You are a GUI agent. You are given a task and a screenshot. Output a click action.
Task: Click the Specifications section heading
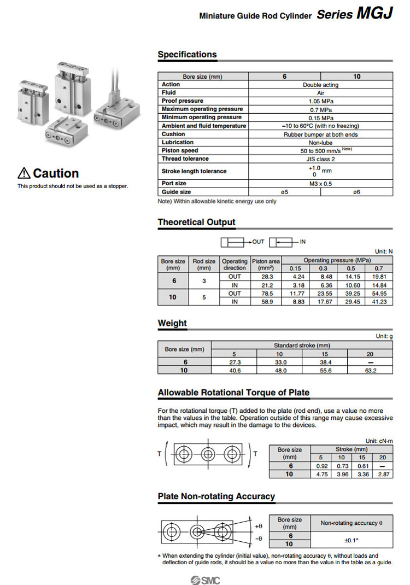(187, 55)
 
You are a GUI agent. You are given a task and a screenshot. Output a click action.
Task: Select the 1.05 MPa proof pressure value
(320, 101)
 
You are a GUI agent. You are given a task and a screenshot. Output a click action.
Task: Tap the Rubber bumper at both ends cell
(320, 134)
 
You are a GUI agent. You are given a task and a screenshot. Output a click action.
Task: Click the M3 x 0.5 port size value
(320, 184)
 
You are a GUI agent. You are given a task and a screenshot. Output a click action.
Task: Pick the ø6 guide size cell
(356, 192)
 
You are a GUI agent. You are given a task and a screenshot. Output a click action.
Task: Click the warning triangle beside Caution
(24, 174)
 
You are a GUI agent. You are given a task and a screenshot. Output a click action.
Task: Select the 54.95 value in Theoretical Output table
(379, 294)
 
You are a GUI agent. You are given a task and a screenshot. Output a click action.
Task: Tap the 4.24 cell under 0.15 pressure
(295, 277)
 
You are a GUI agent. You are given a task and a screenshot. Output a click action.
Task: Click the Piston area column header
(266, 265)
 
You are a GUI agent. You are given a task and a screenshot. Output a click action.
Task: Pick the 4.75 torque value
(322, 474)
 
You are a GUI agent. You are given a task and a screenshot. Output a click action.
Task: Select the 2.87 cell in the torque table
(382, 474)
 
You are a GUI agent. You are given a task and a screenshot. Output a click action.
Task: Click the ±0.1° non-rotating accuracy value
(351, 540)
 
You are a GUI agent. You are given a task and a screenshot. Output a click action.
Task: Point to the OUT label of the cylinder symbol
(258, 241)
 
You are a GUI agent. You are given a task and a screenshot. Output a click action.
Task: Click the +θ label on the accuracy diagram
(259, 525)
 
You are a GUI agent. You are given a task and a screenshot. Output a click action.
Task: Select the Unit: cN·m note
(378, 441)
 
